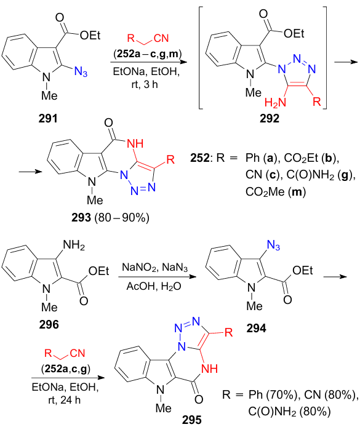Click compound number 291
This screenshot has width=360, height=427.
[x=48, y=119]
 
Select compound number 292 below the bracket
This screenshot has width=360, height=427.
[x=270, y=119]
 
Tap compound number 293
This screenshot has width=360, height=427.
[x=81, y=218]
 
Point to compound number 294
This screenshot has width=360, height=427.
[x=256, y=329]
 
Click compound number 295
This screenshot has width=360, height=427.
[x=192, y=420]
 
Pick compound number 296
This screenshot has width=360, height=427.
[x=49, y=325]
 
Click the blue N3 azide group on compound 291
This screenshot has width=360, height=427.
[x=81, y=72]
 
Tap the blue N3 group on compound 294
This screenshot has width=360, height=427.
[x=273, y=245]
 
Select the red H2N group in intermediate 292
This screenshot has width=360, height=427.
[x=275, y=103]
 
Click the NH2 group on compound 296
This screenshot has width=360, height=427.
[x=74, y=245]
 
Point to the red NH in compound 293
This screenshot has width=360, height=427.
[x=135, y=143]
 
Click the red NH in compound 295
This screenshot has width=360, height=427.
[x=209, y=369]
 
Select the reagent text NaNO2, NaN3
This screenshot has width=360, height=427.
[x=154, y=268]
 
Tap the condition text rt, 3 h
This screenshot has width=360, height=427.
[x=145, y=84]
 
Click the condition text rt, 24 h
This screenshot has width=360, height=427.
[x=64, y=400]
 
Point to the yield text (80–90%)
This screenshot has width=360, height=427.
[x=122, y=218]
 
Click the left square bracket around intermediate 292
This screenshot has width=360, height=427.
[x=201, y=58]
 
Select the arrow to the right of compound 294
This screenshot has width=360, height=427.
[x=335, y=277]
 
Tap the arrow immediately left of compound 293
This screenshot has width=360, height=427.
[x=31, y=172]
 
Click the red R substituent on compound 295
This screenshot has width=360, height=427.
[x=228, y=332]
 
